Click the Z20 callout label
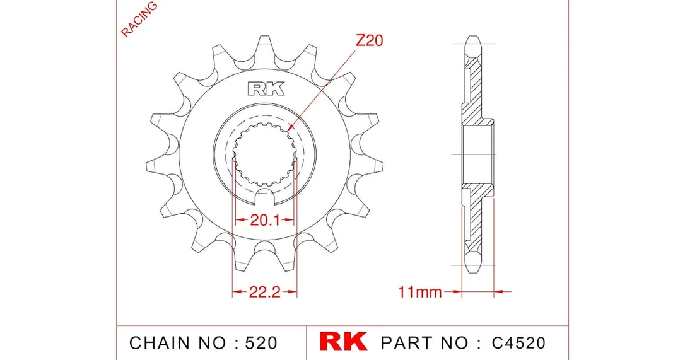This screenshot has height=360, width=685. pos(369,40)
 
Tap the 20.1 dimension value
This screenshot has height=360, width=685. pos(265,220)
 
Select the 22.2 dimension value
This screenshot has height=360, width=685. pos(265,291)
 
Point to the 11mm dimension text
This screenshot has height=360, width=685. pos(420,291)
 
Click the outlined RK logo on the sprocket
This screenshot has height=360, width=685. pos(266,89)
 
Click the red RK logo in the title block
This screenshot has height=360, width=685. pos(343,341)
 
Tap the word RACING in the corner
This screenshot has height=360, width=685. pos(139,19)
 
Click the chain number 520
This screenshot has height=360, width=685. pos(261,342)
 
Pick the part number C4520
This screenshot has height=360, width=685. pos(518,342)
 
